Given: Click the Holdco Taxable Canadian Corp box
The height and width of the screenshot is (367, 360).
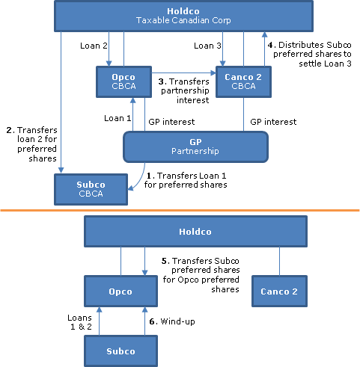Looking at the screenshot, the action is (183, 16).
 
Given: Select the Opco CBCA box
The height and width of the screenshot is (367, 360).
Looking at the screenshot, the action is (123, 81).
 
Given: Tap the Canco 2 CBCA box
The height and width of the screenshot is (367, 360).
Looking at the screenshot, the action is (243, 81).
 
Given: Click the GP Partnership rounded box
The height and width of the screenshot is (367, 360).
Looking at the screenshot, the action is (195, 147).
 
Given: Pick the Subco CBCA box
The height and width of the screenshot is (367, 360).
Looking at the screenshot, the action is (91, 189).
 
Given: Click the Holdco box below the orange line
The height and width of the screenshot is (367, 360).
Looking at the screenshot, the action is (195, 232).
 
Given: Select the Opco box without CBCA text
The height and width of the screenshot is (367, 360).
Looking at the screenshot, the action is (120, 292).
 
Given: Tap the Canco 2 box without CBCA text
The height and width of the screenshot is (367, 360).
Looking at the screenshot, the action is (279, 292).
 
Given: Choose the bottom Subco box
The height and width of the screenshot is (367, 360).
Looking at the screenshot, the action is (120, 351).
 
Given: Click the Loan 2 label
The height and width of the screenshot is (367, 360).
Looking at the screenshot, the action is (94, 46).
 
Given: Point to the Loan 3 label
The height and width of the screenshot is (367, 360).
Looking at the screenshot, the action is (207, 46).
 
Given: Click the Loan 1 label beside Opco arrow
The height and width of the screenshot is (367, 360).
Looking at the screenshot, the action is (118, 118).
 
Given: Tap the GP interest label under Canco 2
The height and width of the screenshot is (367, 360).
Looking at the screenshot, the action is (273, 122).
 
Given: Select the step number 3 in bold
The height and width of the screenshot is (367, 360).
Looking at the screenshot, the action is (162, 81).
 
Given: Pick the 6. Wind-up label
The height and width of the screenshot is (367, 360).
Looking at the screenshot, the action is (172, 321).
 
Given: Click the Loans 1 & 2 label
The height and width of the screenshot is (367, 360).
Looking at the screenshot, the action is (80, 322).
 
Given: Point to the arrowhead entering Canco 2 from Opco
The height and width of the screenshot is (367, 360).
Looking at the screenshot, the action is (213, 73).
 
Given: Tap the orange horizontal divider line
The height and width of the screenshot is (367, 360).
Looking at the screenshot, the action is (180, 211).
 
